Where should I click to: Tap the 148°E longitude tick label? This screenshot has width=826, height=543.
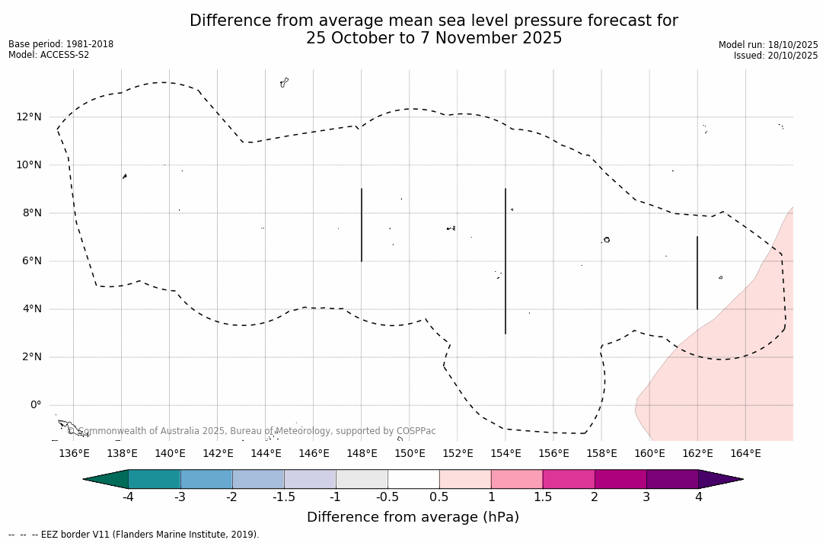pyautogui.click(x=362, y=453)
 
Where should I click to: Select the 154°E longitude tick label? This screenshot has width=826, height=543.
pyautogui.click(x=505, y=453)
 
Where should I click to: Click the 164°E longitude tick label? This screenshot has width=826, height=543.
pyautogui.click(x=745, y=453)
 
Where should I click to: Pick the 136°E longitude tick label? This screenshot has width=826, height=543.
pyautogui.click(x=74, y=453)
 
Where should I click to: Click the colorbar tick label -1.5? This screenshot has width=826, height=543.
pyautogui.click(x=284, y=497)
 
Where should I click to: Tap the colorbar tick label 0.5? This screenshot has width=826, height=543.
pyautogui.click(x=439, y=497)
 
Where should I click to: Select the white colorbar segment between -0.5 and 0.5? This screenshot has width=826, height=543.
pyautogui.click(x=413, y=479)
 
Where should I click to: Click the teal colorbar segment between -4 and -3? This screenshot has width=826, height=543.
pyautogui.click(x=155, y=479)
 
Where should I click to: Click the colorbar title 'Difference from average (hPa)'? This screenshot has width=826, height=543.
pyautogui.click(x=413, y=517)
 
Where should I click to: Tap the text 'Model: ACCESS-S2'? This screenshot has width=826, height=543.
pyautogui.click(x=49, y=55)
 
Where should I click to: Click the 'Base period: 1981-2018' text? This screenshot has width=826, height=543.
pyautogui.click(x=61, y=44)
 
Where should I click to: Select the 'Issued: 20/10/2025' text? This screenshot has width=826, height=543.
pyautogui.click(x=776, y=56)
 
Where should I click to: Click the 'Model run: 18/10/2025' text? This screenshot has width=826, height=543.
pyautogui.click(x=768, y=45)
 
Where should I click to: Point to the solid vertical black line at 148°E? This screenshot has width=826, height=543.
pyautogui.click(x=362, y=225)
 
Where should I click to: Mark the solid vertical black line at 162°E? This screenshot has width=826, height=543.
pyautogui.click(x=697, y=273)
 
